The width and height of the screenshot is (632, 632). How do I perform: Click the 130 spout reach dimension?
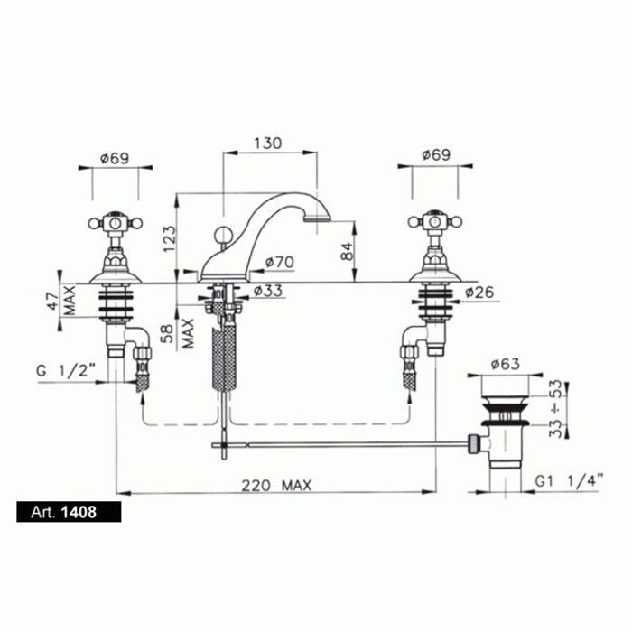[268, 144]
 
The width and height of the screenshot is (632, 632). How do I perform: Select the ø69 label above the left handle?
[115, 158]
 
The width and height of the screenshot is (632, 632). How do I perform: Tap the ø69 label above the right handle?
[436, 154]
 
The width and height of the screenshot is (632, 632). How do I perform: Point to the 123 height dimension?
[170, 239]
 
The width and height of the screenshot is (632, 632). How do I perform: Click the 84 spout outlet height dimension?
[347, 251]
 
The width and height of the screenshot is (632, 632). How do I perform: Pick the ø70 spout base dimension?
[280, 263]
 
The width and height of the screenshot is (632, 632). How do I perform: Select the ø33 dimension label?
[268, 291]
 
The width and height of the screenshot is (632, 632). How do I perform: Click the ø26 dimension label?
[479, 293]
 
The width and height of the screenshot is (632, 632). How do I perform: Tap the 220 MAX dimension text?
[276, 486]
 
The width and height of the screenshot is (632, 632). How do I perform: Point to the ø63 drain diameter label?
[506, 365]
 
